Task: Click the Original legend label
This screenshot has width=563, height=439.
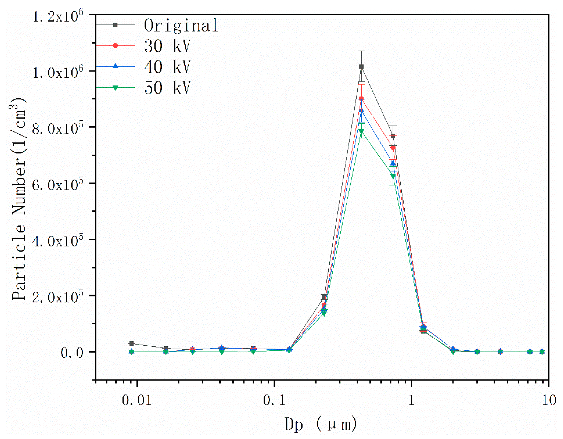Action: tap(181, 26)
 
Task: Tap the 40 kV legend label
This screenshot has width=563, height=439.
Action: tap(167, 67)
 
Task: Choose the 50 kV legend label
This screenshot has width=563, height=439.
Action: tap(167, 88)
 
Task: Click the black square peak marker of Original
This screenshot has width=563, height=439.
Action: tap(361, 66)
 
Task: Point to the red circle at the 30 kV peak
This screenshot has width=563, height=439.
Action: tap(361, 98)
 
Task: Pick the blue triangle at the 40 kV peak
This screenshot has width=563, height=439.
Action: tap(361, 111)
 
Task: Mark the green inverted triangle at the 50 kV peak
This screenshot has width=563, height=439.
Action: tap(361, 131)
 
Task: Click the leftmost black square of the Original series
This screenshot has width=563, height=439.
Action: tap(131, 343)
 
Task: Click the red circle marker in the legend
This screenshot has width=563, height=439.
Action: tap(115, 46)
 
